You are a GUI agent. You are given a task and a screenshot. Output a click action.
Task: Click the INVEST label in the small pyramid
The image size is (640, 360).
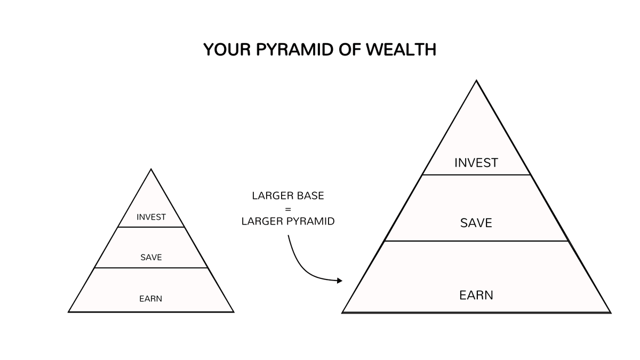(x=151, y=217)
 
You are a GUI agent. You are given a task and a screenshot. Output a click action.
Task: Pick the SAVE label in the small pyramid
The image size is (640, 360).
(x=151, y=258)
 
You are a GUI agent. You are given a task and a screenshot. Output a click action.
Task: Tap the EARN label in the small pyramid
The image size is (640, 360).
(x=151, y=299)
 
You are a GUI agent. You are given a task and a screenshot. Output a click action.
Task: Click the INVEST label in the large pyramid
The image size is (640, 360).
(x=476, y=163)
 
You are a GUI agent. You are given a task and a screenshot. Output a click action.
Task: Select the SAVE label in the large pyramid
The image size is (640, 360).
(x=476, y=223)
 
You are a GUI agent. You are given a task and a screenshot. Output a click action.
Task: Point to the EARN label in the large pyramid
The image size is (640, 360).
(x=476, y=295)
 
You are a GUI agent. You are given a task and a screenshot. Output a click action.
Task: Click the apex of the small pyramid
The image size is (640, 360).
(x=151, y=170)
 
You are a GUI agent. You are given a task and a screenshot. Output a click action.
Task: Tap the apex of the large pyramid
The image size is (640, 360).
(x=476, y=81)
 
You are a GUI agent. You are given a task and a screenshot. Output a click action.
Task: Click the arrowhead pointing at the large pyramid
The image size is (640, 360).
(x=339, y=281)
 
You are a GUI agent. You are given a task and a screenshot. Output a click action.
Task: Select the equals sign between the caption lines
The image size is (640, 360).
(x=288, y=209)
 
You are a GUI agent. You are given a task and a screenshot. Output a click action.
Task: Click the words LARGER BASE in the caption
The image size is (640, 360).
(x=288, y=196)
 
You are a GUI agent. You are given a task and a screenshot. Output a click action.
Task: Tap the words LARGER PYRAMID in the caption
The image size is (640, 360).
(x=288, y=221)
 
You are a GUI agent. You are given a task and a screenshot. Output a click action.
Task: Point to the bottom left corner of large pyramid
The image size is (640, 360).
(x=343, y=312)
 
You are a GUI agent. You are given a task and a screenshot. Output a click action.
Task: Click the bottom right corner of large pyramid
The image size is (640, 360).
(x=610, y=312)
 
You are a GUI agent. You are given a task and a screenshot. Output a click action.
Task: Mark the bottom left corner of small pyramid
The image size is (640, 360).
(x=69, y=311)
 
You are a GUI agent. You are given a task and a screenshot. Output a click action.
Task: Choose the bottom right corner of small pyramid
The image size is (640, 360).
(x=233, y=311)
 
